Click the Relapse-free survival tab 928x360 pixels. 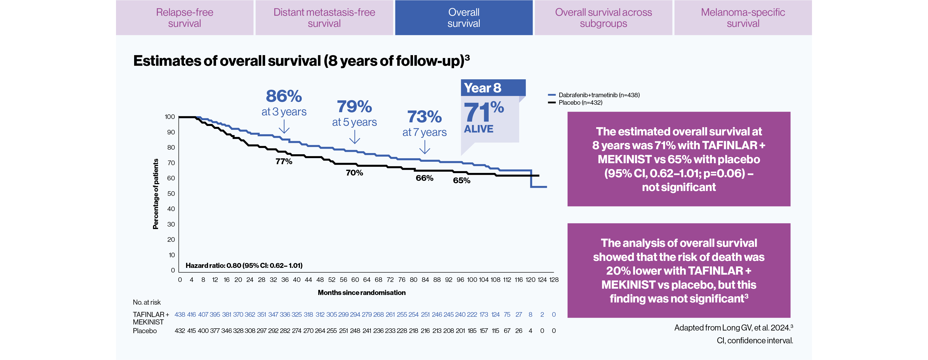click(184, 18)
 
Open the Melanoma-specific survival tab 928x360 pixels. click(743, 18)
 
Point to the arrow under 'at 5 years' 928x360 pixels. click(355, 137)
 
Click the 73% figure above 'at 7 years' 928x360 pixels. click(424, 117)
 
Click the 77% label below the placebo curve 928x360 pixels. click(284, 162)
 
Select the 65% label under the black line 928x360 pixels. click(462, 181)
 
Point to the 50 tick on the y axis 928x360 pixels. click(171, 193)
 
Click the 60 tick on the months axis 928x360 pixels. click(355, 280)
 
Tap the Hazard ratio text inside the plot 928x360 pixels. click(244, 265)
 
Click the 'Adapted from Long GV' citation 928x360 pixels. click(733, 328)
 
